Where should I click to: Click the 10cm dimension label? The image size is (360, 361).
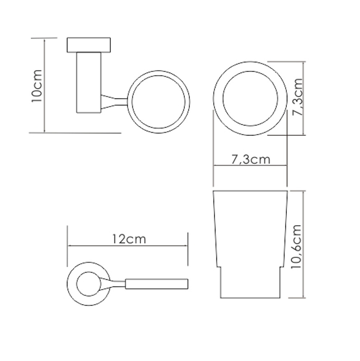pyautogui.click(x=37, y=86)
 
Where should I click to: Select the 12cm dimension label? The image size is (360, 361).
pyautogui.click(x=129, y=239)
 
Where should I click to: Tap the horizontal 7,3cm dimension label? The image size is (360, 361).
pyautogui.click(x=251, y=159)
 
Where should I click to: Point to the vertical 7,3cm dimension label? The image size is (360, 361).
pyautogui.click(x=297, y=97)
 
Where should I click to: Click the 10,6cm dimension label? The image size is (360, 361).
pyautogui.click(x=296, y=246)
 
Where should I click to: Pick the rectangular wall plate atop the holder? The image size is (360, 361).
pyautogui.click(x=89, y=45)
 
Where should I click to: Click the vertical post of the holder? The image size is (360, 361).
pyautogui.click(x=89, y=83)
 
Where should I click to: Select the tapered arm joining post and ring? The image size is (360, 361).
pyautogui.click(x=114, y=102)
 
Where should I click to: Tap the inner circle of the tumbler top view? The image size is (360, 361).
pyautogui.click(x=223, y=98)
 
